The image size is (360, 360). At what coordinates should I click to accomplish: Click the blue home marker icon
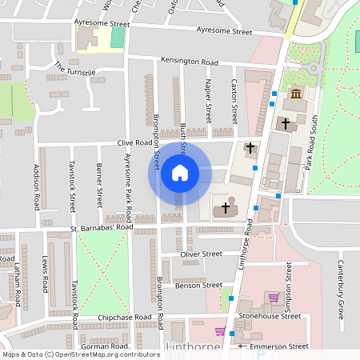pos(179,173)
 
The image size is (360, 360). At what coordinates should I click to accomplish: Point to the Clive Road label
pos(134,143)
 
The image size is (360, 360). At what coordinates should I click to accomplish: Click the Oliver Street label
pos(201,254)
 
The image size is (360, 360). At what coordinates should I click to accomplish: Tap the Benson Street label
pos(198,285)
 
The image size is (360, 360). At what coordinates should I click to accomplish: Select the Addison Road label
pos(36,186)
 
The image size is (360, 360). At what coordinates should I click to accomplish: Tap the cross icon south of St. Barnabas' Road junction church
pos(226,207)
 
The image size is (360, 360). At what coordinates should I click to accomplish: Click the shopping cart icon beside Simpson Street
pos(274,298)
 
